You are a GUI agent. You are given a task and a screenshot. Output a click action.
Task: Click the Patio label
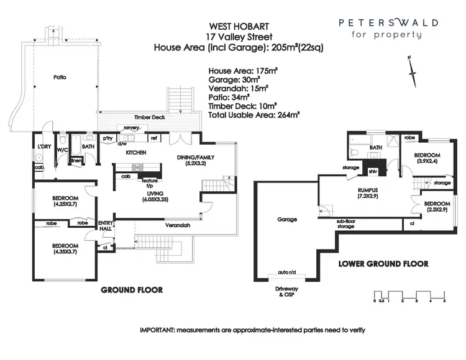coord(60,78)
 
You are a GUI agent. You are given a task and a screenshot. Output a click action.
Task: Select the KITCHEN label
coord(136,152)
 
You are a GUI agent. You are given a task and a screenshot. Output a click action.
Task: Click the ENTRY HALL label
coord(106,227)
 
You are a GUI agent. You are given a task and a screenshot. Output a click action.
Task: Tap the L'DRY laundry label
coord(43,146)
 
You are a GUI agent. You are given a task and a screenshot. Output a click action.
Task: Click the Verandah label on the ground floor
coord(178,225)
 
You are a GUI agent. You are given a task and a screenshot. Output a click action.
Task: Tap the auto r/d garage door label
coord(288,273)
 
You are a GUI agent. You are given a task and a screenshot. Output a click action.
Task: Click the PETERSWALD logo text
coord(388,22)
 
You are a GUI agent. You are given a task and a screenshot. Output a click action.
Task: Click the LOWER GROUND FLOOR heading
coord(383,264)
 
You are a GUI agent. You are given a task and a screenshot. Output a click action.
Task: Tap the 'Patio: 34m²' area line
coord(229,97)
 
